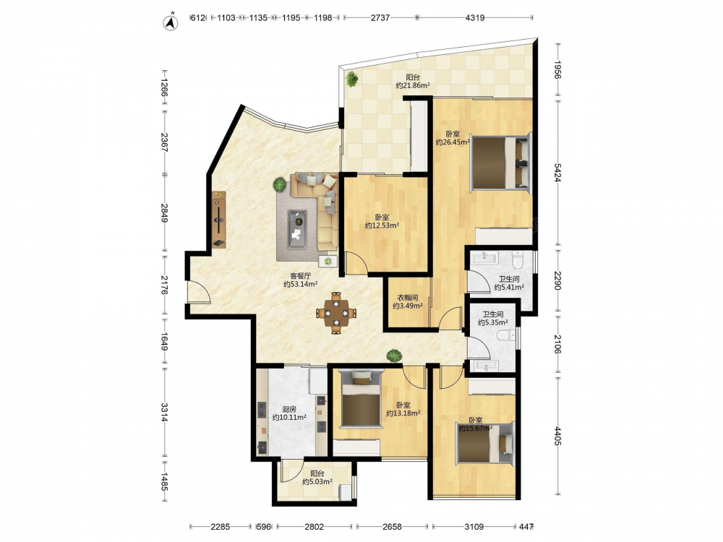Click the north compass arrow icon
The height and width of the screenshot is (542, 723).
(171, 22)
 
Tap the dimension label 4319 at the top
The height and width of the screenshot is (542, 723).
(474, 17)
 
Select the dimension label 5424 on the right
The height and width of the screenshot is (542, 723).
(557, 173)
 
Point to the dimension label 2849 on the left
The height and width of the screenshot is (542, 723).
(165, 213)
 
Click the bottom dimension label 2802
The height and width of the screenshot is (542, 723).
(314, 526)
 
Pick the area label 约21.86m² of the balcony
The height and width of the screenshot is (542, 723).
(413, 85)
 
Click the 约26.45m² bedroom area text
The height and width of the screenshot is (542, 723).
(453, 142)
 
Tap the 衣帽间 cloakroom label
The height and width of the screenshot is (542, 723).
(408, 298)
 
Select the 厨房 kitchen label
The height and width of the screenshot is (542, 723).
(289, 409)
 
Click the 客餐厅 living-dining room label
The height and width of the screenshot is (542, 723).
(301, 276)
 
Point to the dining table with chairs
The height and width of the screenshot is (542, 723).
(337, 313)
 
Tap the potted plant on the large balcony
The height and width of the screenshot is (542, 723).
(352, 79)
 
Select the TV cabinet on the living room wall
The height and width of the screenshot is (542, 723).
(219, 220)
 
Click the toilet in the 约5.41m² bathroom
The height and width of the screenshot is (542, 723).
(518, 259)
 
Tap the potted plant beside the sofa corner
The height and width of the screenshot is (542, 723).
(279, 185)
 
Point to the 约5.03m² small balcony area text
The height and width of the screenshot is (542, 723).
(317, 481)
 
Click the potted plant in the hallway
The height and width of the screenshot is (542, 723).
(394, 356)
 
